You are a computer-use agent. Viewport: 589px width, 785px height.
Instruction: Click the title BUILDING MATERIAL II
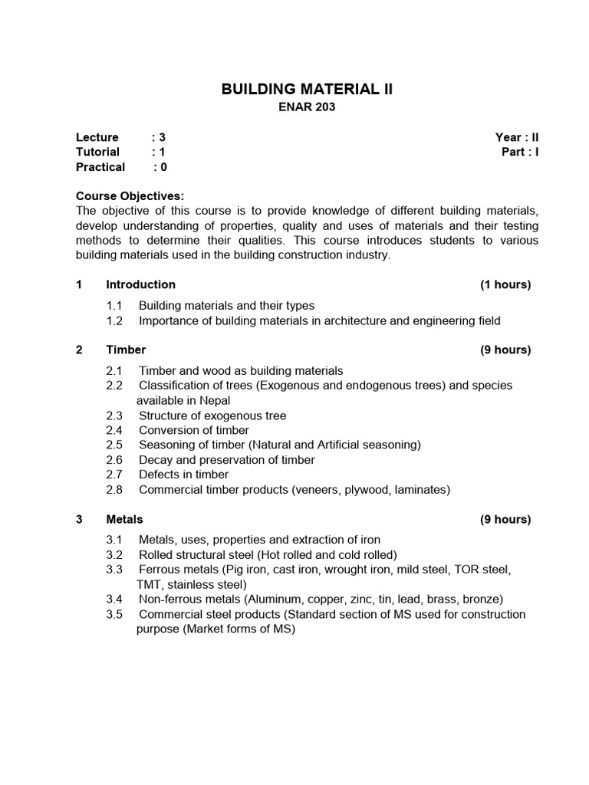tap(306, 89)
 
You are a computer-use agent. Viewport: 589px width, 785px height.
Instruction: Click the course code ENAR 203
tap(306, 107)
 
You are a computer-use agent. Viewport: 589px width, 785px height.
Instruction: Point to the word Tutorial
tap(97, 152)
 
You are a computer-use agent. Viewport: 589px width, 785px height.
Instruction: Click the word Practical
tap(100, 166)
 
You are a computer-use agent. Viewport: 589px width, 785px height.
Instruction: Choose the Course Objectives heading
tap(130, 196)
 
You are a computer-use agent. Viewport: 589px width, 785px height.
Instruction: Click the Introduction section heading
tap(140, 284)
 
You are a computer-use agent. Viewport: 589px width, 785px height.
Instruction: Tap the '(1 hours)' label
tap(505, 284)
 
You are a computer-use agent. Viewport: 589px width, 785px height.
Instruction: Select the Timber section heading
tap(126, 350)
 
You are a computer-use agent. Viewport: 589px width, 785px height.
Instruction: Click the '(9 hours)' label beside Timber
tap(505, 350)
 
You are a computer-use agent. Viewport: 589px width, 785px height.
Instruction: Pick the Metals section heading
tap(124, 519)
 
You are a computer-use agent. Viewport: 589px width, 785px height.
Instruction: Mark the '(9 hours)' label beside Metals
tap(505, 519)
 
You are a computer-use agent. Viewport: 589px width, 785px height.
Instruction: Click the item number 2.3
tap(115, 415)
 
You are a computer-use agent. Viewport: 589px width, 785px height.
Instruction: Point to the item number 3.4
tap(115, 599)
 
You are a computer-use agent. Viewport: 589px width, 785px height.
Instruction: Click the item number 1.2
tap(115, 320)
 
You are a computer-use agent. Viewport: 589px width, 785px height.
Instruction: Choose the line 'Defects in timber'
tap(183, 475)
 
